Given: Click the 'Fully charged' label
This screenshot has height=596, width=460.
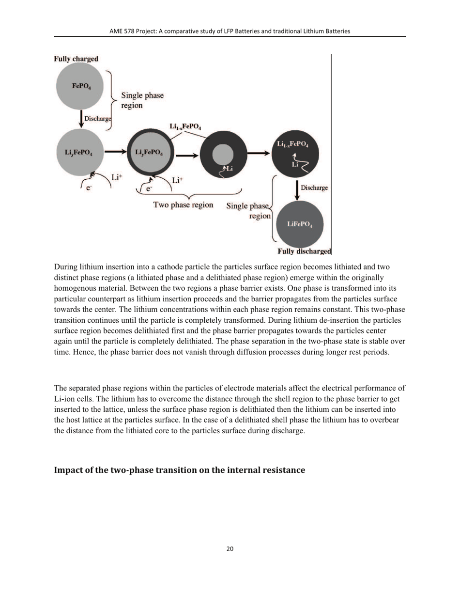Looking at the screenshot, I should pyautogui.click(x=76, y=59).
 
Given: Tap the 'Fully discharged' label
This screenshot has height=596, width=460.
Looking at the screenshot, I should pyautogui.click(x=304, y=251).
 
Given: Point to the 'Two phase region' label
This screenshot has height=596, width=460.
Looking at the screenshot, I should pyautogui.click(x=183, y=205).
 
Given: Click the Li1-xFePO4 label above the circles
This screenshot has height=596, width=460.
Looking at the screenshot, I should pyautogui.click(x=185, y=126).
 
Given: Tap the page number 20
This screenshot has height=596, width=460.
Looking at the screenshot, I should pyautogui.click(x=230, y=549).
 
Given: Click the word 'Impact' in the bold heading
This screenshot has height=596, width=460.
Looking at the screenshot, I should pyautogui.click(x=68, y=470).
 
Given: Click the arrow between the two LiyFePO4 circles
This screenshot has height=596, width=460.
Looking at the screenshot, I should pyautogui.click(x=115, y=152).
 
